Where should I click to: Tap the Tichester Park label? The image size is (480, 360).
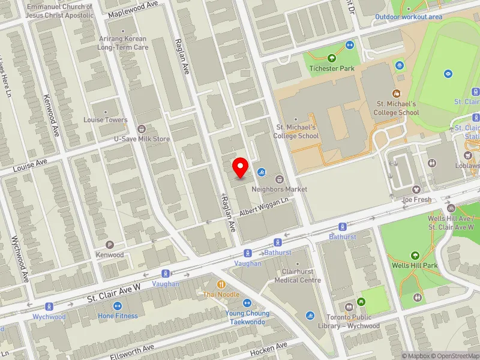332,68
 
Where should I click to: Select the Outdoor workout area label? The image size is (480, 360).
408,17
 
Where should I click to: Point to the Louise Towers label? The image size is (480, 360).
106,120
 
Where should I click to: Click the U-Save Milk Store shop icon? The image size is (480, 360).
142,128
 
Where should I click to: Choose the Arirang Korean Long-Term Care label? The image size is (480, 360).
122,43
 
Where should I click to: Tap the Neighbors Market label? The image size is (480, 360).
280,189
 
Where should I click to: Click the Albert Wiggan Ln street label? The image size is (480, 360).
265,208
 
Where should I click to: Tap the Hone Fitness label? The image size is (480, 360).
118,316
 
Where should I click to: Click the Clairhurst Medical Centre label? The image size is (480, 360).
298,276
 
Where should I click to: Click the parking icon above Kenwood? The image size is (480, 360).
109,245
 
